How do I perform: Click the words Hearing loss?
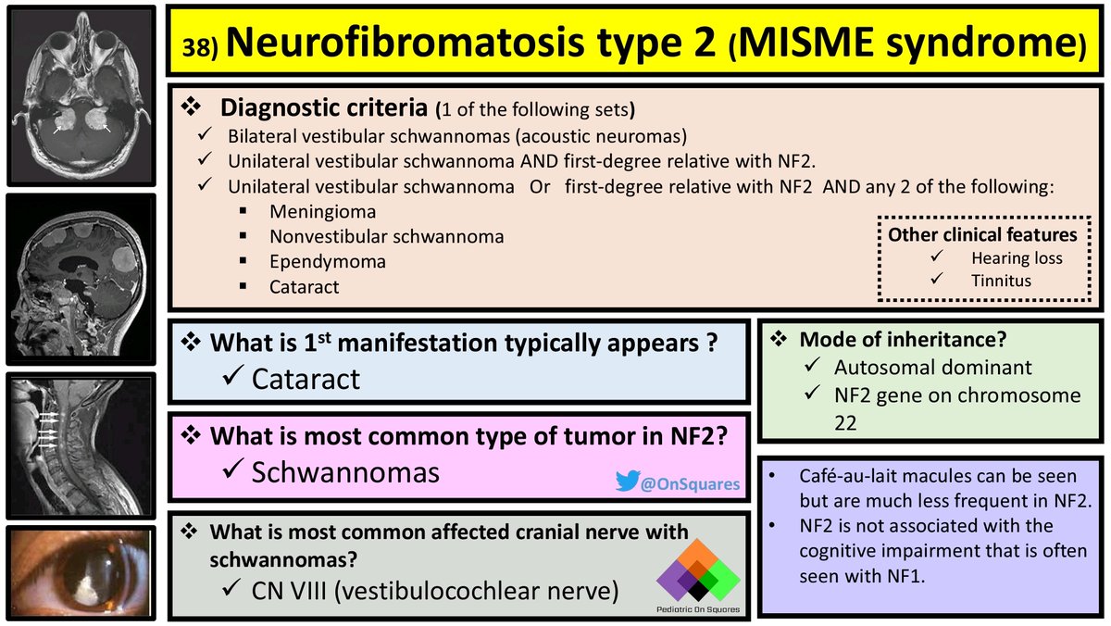tap(1017, 259)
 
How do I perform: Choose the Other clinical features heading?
tap(982, 234)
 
